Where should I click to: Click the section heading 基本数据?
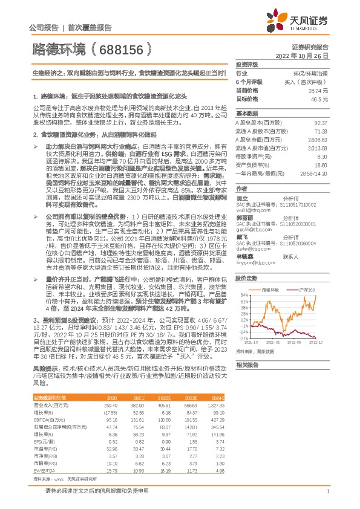point(247,114)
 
